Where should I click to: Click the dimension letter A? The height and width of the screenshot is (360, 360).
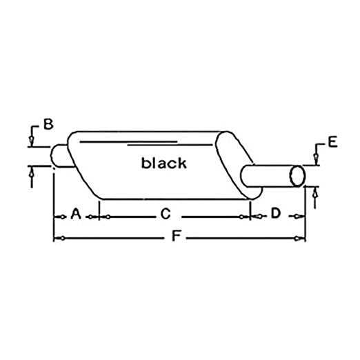point(76,214)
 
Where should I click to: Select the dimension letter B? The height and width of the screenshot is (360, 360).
point(48,124)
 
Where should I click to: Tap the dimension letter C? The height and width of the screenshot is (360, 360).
point(166,214)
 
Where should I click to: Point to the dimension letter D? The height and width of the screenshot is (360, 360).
point(276,213)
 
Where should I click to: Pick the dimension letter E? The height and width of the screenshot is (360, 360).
point(332,142)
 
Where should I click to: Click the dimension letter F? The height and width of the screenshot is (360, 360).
point(176,236)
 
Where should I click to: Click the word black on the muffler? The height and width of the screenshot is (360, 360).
point(163,163)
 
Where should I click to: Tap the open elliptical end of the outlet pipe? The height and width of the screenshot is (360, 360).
point(297,176)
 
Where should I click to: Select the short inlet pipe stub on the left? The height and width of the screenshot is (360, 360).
point(61,156)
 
